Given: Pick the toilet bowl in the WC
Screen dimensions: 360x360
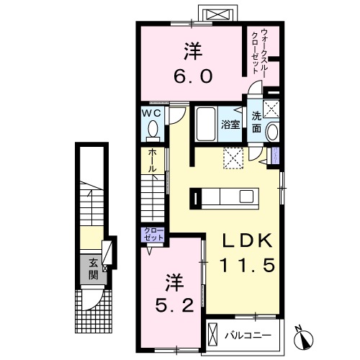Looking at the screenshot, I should pos(152,130).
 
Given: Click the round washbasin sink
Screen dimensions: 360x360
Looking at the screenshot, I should pos(272,132).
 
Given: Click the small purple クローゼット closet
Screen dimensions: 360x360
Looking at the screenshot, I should pos(154,235).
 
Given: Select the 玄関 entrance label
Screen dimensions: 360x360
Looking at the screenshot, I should pos(94,268).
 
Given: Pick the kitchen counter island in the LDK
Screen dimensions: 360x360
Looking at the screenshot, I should pos(223,197).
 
